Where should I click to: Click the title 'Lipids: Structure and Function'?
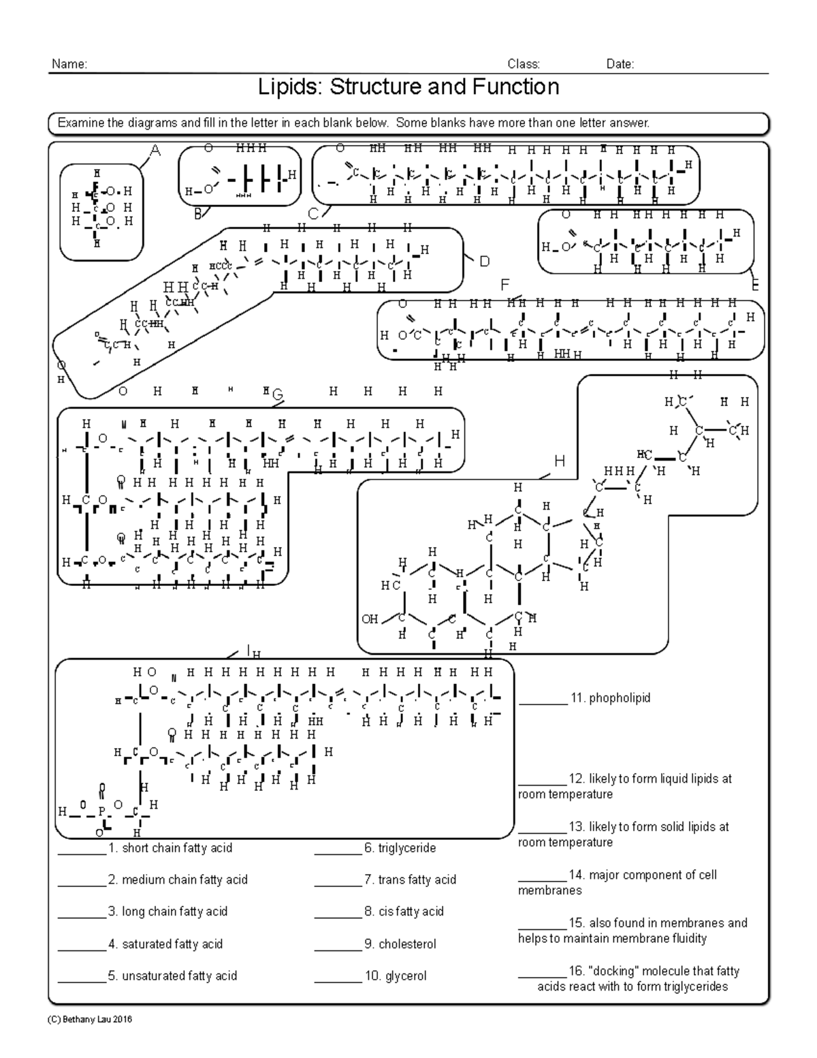point(408,87)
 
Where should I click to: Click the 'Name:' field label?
point(69,65)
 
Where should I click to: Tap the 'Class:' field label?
point(524,65)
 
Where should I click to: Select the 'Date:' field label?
point(620,65)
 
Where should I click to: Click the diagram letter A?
point(155,151)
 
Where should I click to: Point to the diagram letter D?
point(484,262)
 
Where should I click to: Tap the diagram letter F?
point(504,285)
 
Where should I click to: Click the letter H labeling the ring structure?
point(559,462)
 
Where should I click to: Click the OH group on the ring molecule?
point(370,619)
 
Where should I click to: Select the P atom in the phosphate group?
point(102,812)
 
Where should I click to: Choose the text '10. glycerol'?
point(395,976)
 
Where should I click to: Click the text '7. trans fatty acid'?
point(410,880)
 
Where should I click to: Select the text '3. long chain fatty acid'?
point(167,912)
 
